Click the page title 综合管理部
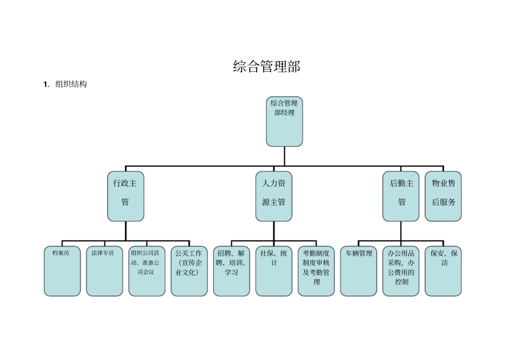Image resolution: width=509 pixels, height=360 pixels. pyautogui.click(x=266, y=66)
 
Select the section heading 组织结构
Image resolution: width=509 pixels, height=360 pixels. pyautogui.click(x=71, y=84)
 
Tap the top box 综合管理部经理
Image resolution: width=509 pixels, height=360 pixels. pyautogui.click(x=284, y=122)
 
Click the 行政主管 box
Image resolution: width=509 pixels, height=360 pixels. pyautogui.click(x=125, y=196)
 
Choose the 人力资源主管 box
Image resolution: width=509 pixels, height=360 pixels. pyautogui.click(x=273, y=196)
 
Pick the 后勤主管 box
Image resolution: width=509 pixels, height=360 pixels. pyautogui.click(x=401, y=196)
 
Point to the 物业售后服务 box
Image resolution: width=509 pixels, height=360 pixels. pyautogui.click(x=443, y=196)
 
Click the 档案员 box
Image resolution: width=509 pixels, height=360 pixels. pyautogui.click(x=62, y=271)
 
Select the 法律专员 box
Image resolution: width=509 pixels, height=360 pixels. pyautogui.click(x=104, y=271)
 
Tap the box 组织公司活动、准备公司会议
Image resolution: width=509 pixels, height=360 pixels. pyautogui.click(x=146, y=271)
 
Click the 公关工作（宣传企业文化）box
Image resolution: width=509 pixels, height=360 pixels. pyautogui.click(x=189, y=271)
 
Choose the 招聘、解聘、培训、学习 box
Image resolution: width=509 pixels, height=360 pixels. pyautogui.click(x=231, y=271)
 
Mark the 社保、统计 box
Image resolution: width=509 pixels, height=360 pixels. pyautogui.click(x=273, y=271)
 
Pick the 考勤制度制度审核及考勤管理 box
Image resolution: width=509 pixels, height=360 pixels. pyautogui.click(x=316, y=271)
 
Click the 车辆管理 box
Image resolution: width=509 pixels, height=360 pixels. pyautogui.click(x=358, y=271)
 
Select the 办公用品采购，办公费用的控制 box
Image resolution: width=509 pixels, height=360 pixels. pyautogui.click(x=401, y=271)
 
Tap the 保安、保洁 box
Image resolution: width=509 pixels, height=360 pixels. pyautogui.click(x=443, y=271)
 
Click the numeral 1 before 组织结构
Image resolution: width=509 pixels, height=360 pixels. pyautogui.click(x=46, y=85)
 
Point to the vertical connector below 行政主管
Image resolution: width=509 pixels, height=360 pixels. pyautogui.click(x=126, y=231)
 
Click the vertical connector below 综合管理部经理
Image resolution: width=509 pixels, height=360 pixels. pyautogui.click(x=285, y=156)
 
